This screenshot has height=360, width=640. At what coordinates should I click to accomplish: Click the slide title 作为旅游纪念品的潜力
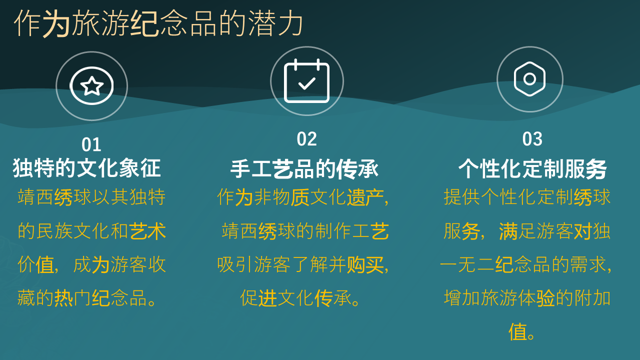pyautogui.click(x=158, y=23)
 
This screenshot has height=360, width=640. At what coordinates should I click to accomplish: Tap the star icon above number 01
pyautogui.click(x=91, y=85)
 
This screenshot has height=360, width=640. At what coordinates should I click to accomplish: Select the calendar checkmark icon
pyautogui.click(x=307, y=81)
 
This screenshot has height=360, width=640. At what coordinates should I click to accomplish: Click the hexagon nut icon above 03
pyautogui.click(x=529, y=79)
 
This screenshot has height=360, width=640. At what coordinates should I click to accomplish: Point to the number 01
pyautogui.click(x=91, y=144)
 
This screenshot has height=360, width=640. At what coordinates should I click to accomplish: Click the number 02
pyautogui.click(x=307, y=139)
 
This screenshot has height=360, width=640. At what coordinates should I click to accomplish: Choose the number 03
pyautogui.click(x=532, y=139)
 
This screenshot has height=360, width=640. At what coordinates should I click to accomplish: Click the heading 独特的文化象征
pyautogui.click(x=86, y=168)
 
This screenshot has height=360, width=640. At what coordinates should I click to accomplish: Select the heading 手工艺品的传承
pyautogui.click(x=304, y=169)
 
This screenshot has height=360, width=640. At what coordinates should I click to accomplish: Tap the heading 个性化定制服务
pyautogui.click(x=532, y=169)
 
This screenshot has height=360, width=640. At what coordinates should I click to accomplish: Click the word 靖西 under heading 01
pyautogui.click(x=35, y=197)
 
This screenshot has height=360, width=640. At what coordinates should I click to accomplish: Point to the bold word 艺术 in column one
pyautogui.click(x=147, y=231)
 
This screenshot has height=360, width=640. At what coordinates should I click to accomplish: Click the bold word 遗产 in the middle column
pyautogui.click(x=365, y=197)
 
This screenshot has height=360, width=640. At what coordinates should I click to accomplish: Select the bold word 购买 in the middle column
pyautogui.click(x=365, y=264)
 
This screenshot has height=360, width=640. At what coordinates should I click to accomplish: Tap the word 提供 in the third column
pyautogui.click(x=461, y=197)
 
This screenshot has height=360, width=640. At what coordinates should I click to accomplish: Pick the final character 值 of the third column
pyautogui.click(x=517, y=332)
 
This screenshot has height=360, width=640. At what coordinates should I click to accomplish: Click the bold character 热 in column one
pyautogui.click(x=63, y=298)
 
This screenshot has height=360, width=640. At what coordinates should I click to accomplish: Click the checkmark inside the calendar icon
pyautogui.click(x=307, y=83)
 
